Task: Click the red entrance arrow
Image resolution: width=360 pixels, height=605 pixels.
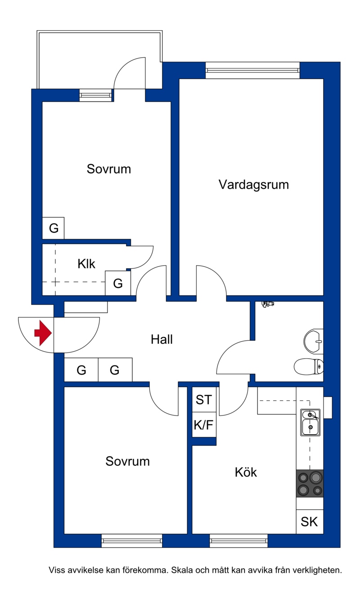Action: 43,333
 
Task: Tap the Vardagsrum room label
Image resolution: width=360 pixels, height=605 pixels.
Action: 254,185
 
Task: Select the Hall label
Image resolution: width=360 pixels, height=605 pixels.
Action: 162,339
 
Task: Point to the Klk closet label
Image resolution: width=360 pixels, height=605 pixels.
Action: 86,264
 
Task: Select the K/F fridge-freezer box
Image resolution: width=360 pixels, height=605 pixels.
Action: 204,424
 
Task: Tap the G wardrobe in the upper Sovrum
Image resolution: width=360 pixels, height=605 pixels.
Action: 54,228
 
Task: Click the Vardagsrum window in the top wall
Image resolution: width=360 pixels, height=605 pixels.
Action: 252,70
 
